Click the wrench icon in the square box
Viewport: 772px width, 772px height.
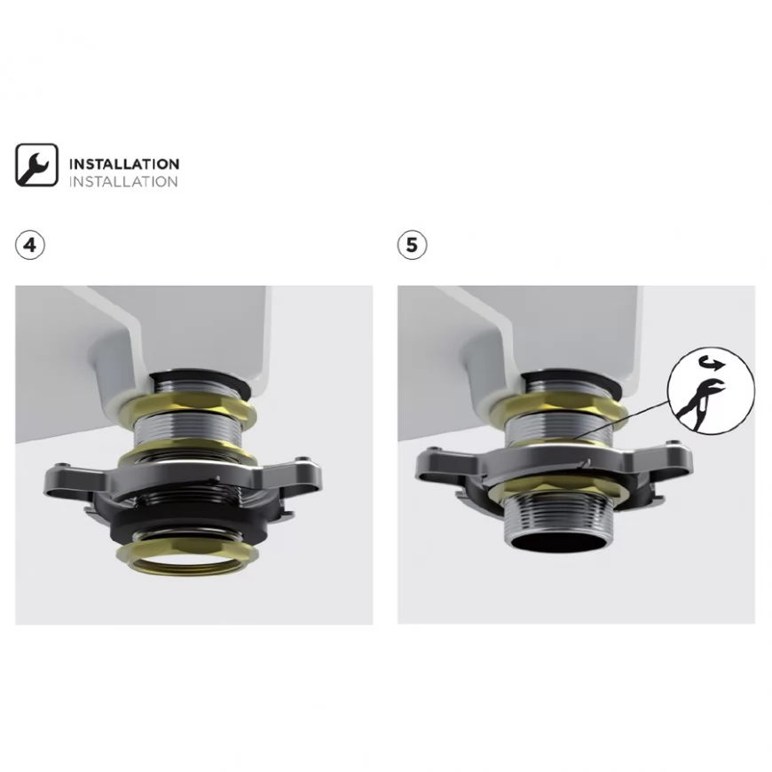pyautogui.click(x=36, y=165)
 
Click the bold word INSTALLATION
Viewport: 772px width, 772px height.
pyautogui.click(x=124, y=164)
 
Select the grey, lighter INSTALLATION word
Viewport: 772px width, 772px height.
pyautogui.click(x=123, y=182)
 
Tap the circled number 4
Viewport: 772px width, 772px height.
pyautogui.click(x=30, y=245)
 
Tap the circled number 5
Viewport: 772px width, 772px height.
pyautogui.click(x=412, y=245)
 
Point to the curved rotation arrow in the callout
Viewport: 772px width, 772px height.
pyautogui.click(x=712, y=363)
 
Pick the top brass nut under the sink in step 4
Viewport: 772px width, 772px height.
pyautogui.click(x=187, y=406)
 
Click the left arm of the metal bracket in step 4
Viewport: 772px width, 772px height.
pyautogui.click(x=79, y=479)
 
